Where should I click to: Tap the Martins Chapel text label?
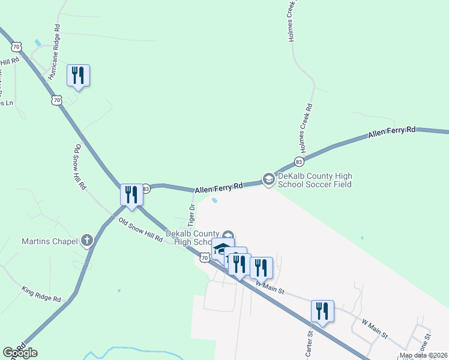(x=50, y=242)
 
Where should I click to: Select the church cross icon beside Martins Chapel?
(x=87, y=241)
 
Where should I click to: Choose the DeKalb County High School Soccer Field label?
(x=314, y=180)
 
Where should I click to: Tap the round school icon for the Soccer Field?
(x=268, y=179)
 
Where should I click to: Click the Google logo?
(x=20, y=353)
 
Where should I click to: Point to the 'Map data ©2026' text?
(x=424, y=355)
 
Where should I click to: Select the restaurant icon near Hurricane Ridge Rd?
(x=78, y=75)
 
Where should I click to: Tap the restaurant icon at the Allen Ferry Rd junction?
(x=131, y=194)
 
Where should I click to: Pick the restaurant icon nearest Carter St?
(x=322, y=311)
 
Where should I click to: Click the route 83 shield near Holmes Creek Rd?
(x=299, y=161)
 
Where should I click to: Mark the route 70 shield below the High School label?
(x=205, y=257)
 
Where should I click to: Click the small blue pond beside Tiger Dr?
(x=215, y=200)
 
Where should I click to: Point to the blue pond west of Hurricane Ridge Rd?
(x=38, y=43)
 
